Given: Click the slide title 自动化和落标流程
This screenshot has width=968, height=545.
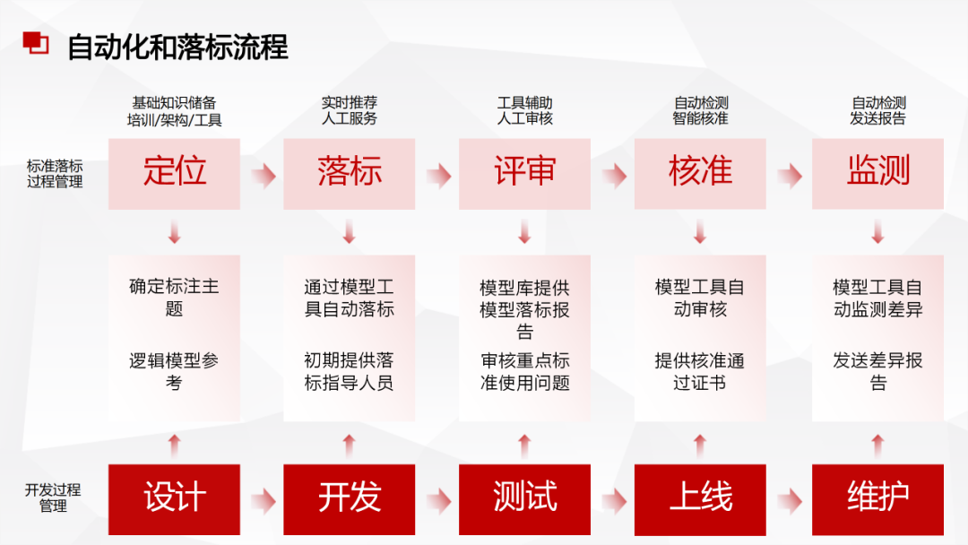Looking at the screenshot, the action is [178, 47].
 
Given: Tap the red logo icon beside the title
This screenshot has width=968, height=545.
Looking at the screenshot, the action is [36, 41].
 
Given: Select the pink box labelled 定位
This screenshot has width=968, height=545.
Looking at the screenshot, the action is [174, 173].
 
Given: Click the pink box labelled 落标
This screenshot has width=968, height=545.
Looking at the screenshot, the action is [350, 173].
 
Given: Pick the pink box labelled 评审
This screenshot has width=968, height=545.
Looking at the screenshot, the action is [524, 173].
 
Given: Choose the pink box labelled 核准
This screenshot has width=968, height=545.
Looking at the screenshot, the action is [700, 173].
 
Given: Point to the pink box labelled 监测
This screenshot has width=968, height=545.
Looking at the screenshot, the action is [877, 173].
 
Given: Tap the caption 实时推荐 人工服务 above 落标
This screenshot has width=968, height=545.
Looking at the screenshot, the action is [350, 111].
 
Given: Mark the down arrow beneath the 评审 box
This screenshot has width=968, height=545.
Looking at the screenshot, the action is [524, 233].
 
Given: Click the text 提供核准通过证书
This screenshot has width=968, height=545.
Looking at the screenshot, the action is [700, 372].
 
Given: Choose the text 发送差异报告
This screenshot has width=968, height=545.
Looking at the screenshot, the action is [877, 372].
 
